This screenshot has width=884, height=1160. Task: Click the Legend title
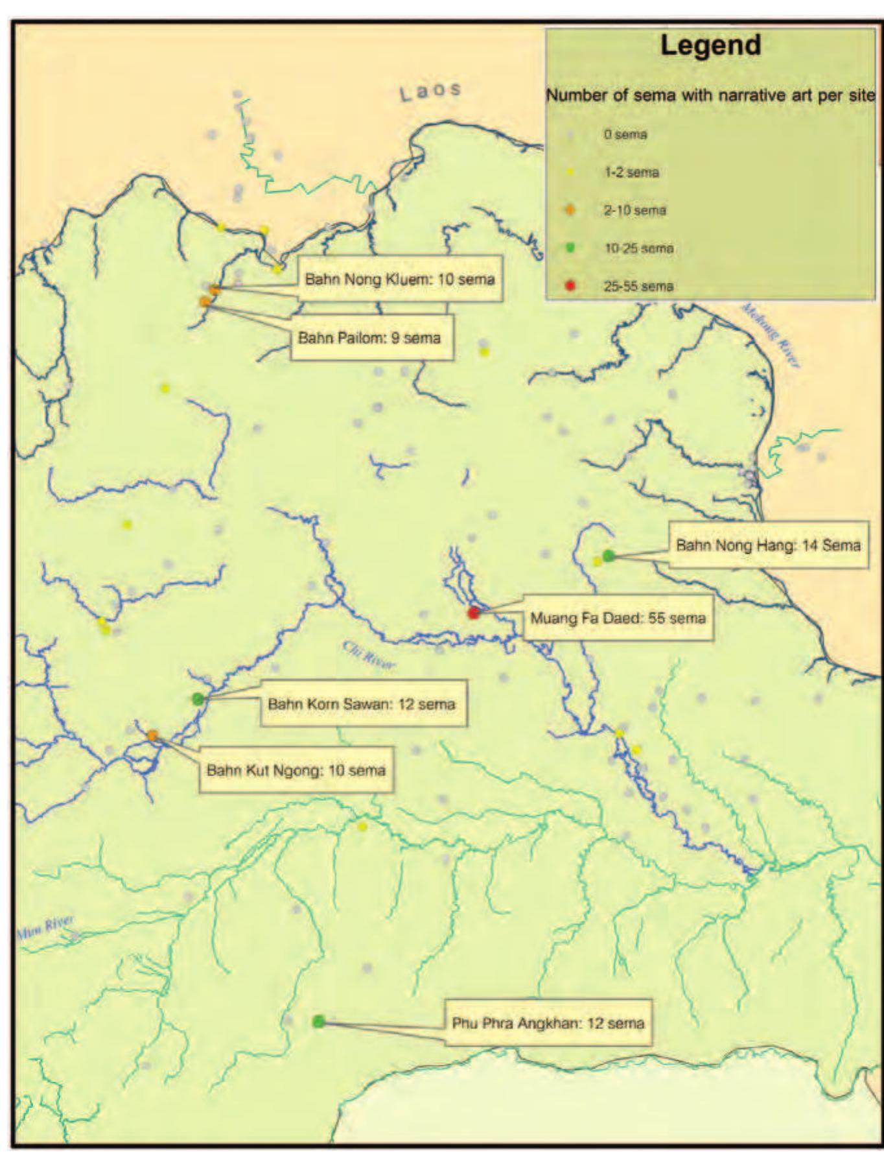tap(710, 45)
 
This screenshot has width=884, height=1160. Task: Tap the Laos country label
tap(430, 91)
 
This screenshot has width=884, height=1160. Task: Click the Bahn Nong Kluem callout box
tap(400, 279)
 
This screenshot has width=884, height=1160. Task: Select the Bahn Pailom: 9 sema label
tap(369, 338)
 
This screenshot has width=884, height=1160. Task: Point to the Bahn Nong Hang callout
tap(768, 545)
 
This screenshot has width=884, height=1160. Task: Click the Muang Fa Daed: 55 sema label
tap(618, 618)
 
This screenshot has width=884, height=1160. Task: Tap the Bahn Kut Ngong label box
tap(296, 770)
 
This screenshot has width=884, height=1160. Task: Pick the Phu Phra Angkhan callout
tap(548, 1023)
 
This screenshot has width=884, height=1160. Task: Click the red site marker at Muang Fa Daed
tap(474, 612)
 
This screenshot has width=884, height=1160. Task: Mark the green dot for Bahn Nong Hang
tap(608, 555)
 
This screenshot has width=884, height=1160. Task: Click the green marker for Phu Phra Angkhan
tap(318, 1021)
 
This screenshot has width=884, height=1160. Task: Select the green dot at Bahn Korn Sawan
tap(198, 698)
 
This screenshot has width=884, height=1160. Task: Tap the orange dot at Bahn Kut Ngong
tap(152, 735)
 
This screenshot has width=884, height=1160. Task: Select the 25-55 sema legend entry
tap(638, 286)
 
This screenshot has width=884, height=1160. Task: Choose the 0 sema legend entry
tap(625, 135)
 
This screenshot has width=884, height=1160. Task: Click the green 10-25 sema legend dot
tap(570, 248)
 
